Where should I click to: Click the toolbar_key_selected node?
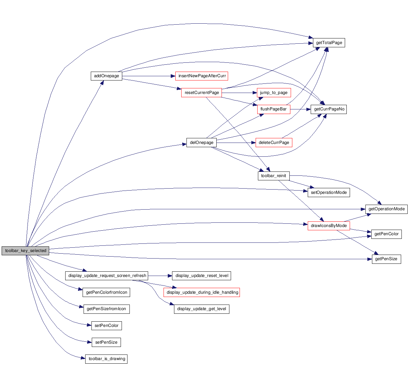(26, 251)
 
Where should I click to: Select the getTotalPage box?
(329, 43)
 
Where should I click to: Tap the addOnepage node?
(107, 76)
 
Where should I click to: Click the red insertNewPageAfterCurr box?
(202, 76)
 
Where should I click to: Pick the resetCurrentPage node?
(202, 93)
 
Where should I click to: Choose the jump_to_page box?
(274, 93)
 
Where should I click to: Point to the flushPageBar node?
(273, 109)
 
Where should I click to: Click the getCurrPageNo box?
(329, 109)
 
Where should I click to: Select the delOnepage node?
(202, 143)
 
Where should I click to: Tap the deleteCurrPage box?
(274, 143)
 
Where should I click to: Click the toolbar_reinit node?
(273, 176)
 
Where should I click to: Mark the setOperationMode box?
(329, 193)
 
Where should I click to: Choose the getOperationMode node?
(386, 209)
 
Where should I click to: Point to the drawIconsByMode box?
(329, 226)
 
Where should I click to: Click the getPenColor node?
(386, 234)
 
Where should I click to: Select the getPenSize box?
(386, 259)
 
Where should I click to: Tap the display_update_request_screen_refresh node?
(107, 276)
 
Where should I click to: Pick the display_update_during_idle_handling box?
(202, 292)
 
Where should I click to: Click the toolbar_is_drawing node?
(107, 359)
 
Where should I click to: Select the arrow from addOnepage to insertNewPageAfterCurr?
(147, 76)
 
